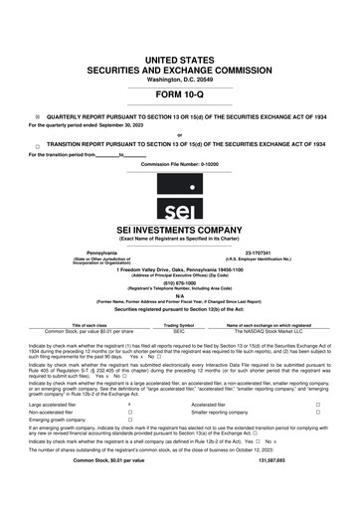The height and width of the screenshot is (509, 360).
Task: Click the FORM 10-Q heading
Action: [180, 96]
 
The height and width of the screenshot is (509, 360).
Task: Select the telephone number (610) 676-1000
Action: [180, 280]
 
